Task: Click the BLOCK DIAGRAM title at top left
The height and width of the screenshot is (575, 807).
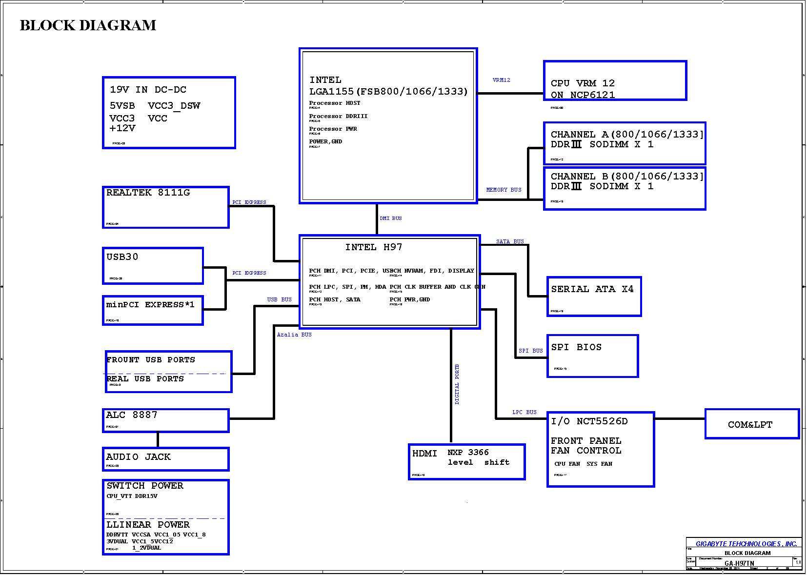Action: click(x=88, y=25)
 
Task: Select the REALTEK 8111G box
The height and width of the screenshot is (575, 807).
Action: click(x=166, y=207)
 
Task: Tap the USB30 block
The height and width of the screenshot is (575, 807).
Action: click(x=153, y=266)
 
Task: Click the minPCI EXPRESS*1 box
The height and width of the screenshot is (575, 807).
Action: click(x=153, y=310)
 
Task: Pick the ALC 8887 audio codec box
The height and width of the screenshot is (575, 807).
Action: click(x=166, y=420)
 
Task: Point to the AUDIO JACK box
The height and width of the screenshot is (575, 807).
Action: click(x=166, y=459)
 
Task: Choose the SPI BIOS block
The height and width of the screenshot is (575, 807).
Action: click(x=593, y=356)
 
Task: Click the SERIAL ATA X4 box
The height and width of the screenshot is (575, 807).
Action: click(x=594, y=297)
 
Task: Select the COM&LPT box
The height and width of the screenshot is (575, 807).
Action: click(x=752, y=424)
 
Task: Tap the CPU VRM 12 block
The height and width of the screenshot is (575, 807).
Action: click(x=615, y=81)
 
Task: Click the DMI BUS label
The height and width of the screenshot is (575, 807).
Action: click(x=391, y=218)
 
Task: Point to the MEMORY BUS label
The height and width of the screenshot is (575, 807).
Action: click(x=504, y=190)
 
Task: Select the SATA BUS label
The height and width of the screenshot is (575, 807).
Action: click(x=510, y=241)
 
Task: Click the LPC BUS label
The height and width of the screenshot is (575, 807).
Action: click(x=524, y=412)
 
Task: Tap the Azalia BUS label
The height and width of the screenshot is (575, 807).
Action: click(x=294, y=335)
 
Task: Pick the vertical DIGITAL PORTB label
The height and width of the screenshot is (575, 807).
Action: click(x=457, y=384)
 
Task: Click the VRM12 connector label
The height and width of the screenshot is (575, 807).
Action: click(x=501, y=80)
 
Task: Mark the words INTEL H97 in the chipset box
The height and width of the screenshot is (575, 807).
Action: click(x=374, y=247)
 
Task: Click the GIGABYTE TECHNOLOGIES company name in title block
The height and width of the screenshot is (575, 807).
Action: click(x=746, y=544)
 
